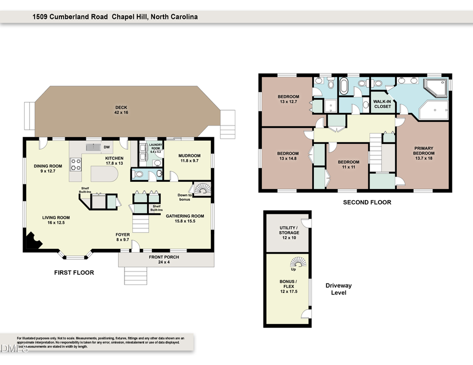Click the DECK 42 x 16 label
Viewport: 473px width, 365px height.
click(x=121, y=110)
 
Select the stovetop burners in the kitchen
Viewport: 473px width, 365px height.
click(x=75, y=165)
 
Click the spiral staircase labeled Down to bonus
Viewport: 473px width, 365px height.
click(x=201, y=188)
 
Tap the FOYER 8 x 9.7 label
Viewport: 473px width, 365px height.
click(x=122, y=237)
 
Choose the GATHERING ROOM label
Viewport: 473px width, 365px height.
click(x=184, y=218)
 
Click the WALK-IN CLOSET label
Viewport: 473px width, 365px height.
click(x=382, y=103)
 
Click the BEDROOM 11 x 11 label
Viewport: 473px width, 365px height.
click(x=348, y=164)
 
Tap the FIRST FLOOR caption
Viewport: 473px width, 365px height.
click(x=74, y=273)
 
